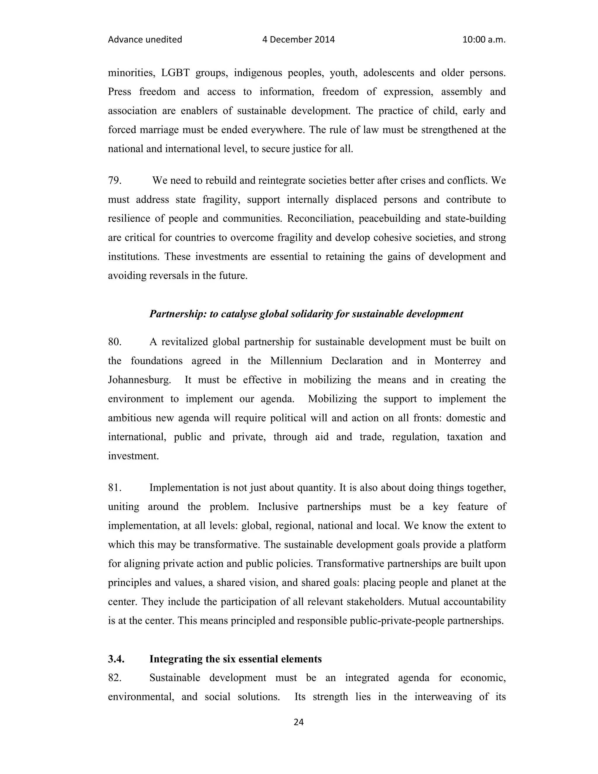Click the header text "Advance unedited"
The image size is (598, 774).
tap(145, 40)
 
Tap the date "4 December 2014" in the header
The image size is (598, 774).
tap(298, 40)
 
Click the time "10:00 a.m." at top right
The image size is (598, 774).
tap(484, 40)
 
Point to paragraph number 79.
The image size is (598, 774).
tap(115, 181)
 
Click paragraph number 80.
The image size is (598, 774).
tap(115, 342)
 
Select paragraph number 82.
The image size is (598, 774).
tap(115, 678)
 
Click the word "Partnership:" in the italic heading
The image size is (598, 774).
tap(178, 314)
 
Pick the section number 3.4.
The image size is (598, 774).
tap(116, 659)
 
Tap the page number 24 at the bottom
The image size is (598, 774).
tap(299, 722)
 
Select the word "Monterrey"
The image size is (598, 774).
tap(457, 361)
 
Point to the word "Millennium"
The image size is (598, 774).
tap(296, 361)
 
